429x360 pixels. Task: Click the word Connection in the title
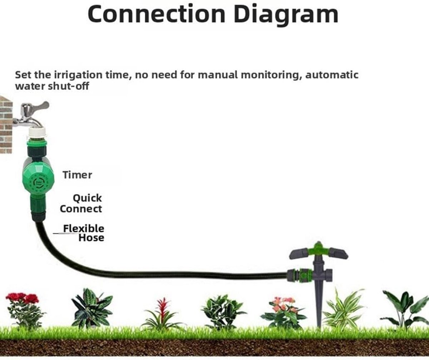click(157, 14)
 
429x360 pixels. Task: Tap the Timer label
click(77, 175)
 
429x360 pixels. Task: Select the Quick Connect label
click(81, 204)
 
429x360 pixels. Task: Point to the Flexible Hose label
click(84, 233)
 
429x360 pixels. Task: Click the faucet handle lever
click(40, 106)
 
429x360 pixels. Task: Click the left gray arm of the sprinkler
click(299, 254)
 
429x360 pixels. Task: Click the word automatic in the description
click(332, 75)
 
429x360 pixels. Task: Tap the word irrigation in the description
click(78, 75)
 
